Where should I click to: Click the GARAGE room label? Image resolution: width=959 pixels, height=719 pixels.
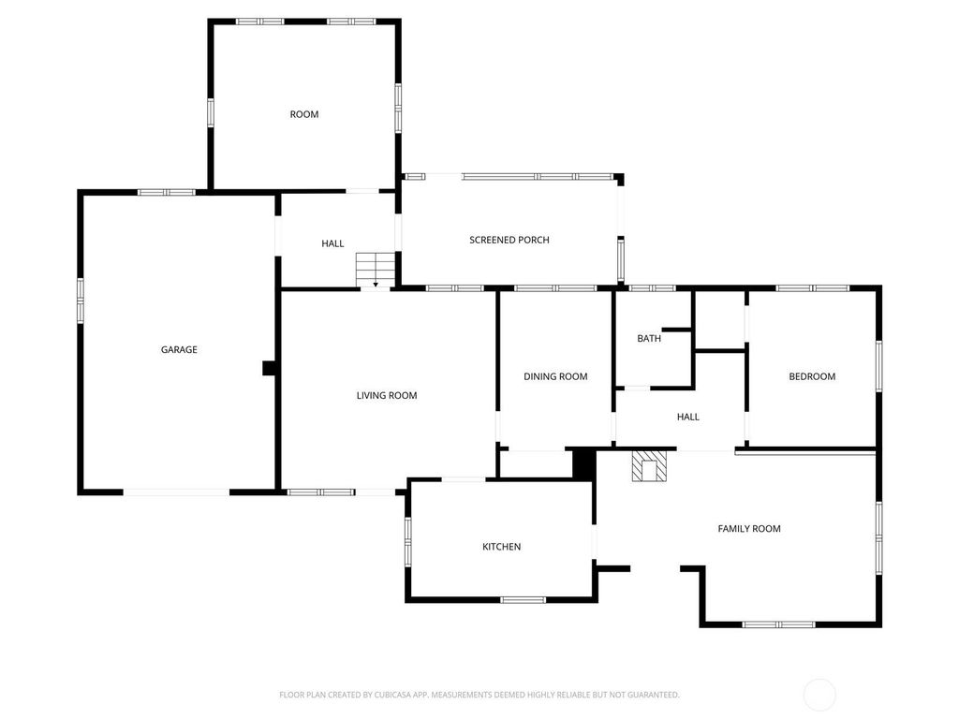[x=179, y=350]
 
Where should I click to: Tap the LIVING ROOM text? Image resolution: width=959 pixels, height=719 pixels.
[x=387, y=396]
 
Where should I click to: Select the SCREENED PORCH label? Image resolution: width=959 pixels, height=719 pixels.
[x=509, y=241]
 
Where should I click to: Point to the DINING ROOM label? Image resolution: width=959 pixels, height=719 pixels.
[x=555, y=376]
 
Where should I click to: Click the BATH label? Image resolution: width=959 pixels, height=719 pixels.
[x=649, y=338]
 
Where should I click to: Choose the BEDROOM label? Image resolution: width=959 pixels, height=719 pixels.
[x=812, y=376]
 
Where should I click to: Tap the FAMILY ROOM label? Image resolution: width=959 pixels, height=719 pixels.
[x=749, y=529]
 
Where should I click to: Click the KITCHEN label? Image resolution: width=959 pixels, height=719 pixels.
[x=502, y=547]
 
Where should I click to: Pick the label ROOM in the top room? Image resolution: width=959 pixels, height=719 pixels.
[x=304, y=114]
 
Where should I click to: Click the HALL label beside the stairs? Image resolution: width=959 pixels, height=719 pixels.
[x=332, y=243]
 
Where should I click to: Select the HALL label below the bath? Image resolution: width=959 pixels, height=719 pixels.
[x=688, y=417]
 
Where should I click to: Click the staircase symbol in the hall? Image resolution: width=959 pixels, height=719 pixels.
[x=376, y=269]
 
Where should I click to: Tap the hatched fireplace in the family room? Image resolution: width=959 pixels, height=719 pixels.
[x=648, y=466]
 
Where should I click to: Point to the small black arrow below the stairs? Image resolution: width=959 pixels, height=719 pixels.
[x=376, y=285]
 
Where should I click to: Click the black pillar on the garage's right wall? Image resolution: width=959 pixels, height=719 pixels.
[x=269, y=368]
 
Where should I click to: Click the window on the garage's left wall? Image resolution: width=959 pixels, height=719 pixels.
[x=81, y=301]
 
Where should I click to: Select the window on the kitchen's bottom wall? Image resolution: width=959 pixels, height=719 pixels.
[x=523, y=600]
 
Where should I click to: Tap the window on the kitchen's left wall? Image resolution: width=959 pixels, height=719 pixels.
[x=408, y=541]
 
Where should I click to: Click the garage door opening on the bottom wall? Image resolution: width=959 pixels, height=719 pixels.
[x=177, y=492]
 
